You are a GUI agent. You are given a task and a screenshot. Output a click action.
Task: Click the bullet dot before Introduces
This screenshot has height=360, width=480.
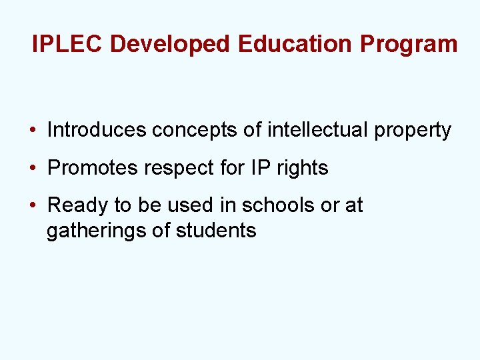coord(32,130)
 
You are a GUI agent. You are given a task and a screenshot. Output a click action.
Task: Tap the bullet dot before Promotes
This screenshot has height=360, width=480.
coord(32,168)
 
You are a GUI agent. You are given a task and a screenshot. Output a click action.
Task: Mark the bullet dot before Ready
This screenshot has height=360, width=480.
coord(32,205)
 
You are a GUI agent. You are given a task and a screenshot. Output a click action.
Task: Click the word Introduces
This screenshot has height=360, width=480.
coord(97,129)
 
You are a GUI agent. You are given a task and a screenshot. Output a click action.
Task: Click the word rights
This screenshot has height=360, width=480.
coord(302,168)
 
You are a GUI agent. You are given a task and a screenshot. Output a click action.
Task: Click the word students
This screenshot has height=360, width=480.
coord(216,231)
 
